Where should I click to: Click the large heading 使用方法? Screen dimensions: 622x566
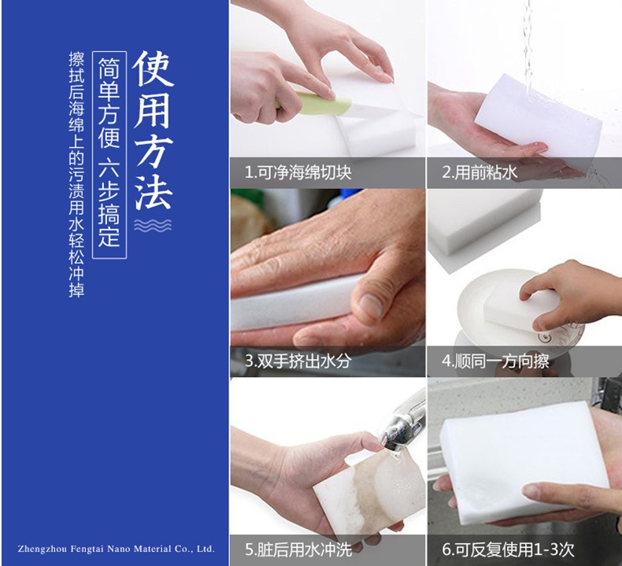click(153, 131)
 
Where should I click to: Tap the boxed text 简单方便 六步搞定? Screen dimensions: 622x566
click(109, 155)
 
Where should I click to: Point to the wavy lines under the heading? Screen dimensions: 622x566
click(153, 225)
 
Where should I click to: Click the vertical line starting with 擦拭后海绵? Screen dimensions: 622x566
click(76, 175)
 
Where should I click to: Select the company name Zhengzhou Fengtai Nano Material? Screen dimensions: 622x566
click(116, 549)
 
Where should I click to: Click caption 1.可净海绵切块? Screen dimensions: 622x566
click(298, 172)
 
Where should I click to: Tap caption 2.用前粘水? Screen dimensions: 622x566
click(479, 172)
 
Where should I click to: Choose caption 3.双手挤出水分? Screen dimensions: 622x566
click(298, 361)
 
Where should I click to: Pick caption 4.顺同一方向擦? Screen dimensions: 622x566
click(495, 361)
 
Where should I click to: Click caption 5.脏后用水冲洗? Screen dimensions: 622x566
click(298, 549)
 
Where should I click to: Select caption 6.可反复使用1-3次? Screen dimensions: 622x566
click(508, 549)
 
